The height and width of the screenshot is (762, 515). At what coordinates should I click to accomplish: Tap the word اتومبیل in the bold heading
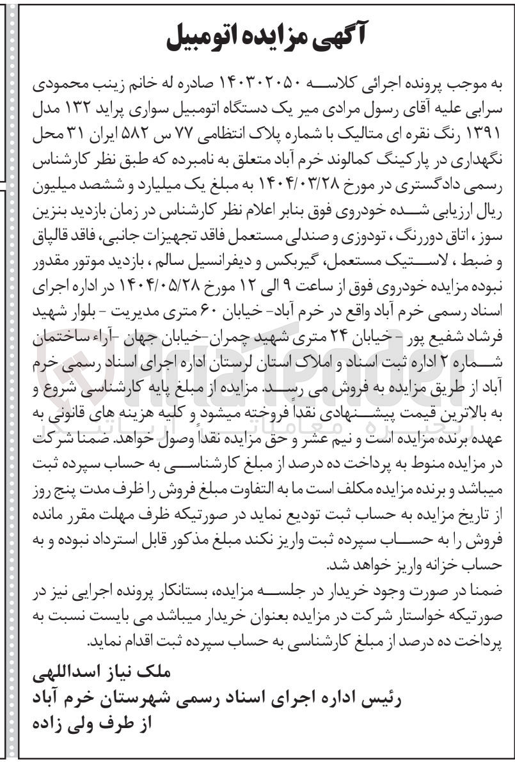[204, 40]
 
